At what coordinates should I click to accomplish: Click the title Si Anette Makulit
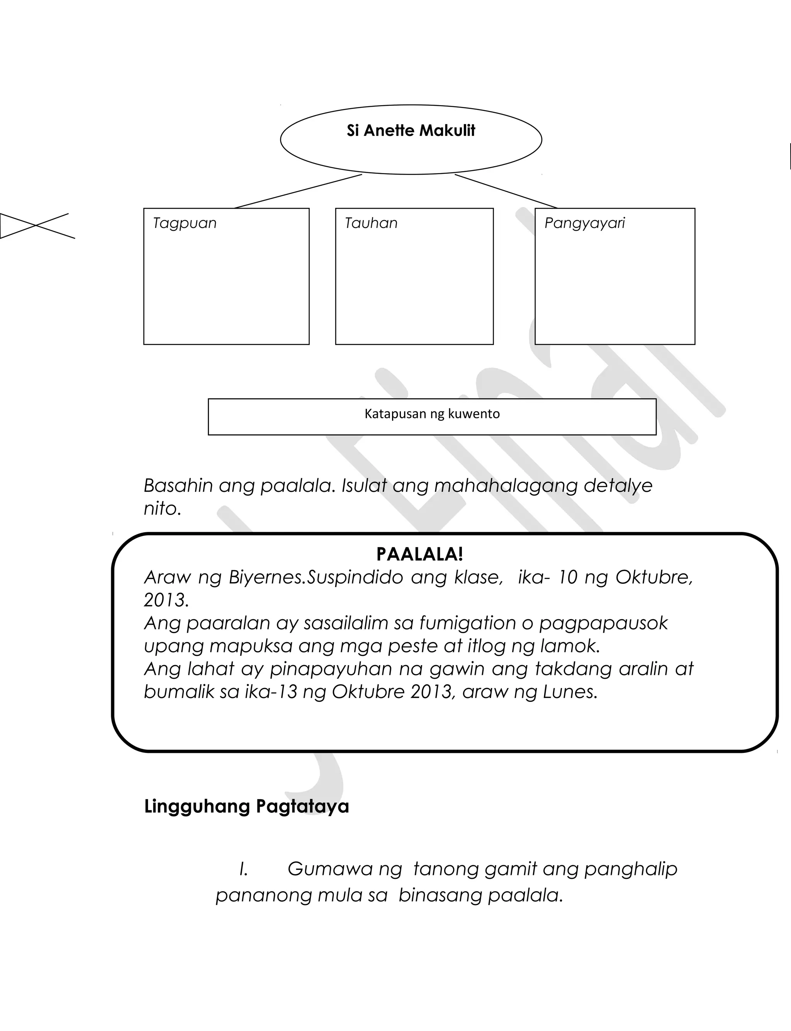pyautogui.click(x=411, y=131)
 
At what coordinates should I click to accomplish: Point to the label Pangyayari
pyautogui.click(x=584, y=223)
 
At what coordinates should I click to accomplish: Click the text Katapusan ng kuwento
pyautogui.click(x=432, y=414)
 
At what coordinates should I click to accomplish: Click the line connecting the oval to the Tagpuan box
pyautogui.click(x=298, y=191)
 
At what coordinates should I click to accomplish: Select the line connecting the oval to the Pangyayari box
pyautogui.click(x=506, y=191)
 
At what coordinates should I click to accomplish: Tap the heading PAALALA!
pyautogui.click(x=419, y=554)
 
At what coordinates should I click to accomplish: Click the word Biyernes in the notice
pyautogui.click(x=267, y=577)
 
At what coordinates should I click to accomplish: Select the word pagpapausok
pyautogui.click(x=603, y=624)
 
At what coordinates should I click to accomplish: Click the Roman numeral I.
pyautogui.click(x=243, y=869)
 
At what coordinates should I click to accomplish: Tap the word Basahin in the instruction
pyautogui.click(x=178, y=486)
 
